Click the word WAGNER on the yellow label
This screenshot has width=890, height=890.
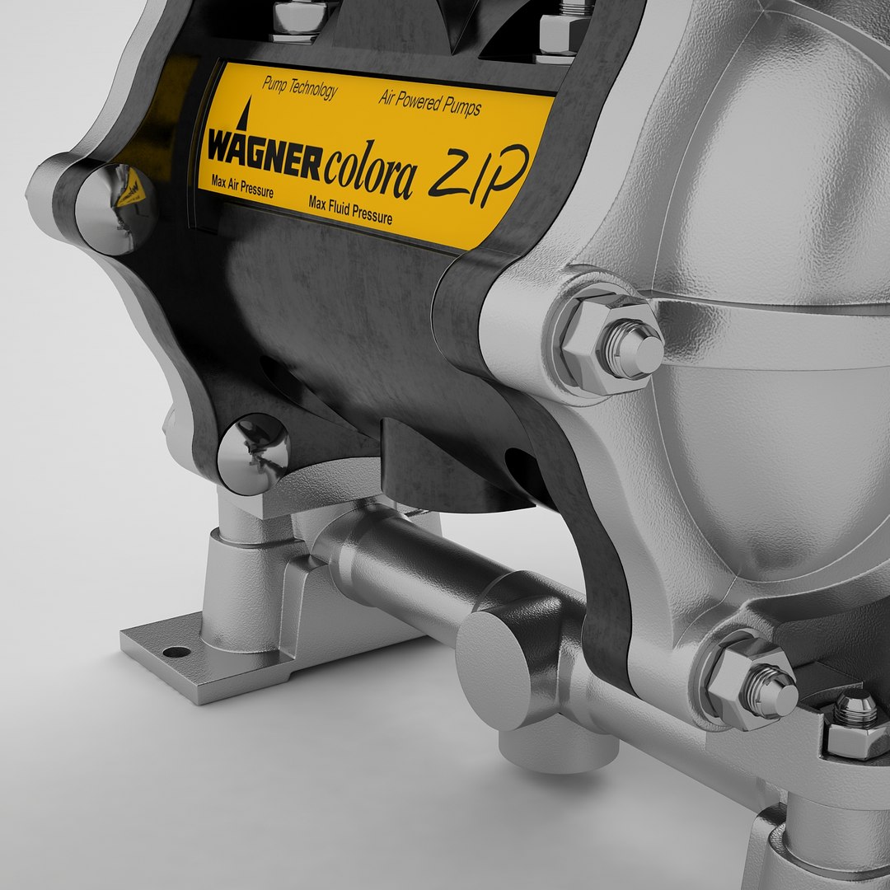pos(265,154)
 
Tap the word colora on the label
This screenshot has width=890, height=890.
pos(370,171)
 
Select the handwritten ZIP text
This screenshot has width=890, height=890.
pos(479,174)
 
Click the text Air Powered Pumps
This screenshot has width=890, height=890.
pos(430,103)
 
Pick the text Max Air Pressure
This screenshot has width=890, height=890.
pos(242,186)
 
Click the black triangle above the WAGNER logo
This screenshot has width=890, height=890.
pos(245,113)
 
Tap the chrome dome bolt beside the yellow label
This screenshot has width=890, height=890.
pos(115,208)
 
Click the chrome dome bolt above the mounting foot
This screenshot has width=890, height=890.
pos(253,453)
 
